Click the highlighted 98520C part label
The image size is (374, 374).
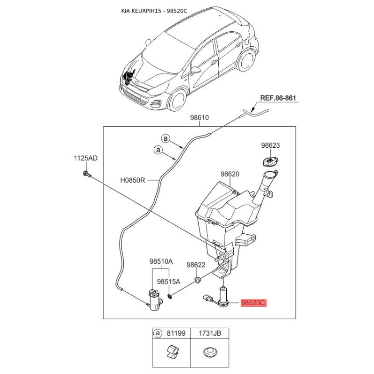tap(253, 303)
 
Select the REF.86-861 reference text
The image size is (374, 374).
tap(278, 98)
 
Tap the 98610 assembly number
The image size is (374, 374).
tap(200, 118)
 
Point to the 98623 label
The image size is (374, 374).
tap(270, 145)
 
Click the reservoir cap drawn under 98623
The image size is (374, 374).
tap(270, 162)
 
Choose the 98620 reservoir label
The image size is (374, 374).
tap(230, 174)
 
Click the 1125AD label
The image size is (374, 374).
tap(86, 158)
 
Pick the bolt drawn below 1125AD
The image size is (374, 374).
tap(86, 174)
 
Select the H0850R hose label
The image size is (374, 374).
tap(132, 180)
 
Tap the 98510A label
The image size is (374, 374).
tap(161, 261)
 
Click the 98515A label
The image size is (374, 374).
tap(169, 282)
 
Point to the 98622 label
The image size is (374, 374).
tap(196, 265)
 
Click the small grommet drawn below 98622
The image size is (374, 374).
tap(197, 280)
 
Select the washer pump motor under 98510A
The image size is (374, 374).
tap(155, 300)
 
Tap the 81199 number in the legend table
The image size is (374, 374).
tap(176, 333)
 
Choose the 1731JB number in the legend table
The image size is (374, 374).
tap(210, 333)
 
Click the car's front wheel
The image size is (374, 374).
tap(178, 99)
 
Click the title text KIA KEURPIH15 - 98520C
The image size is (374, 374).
tap(154, 11)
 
